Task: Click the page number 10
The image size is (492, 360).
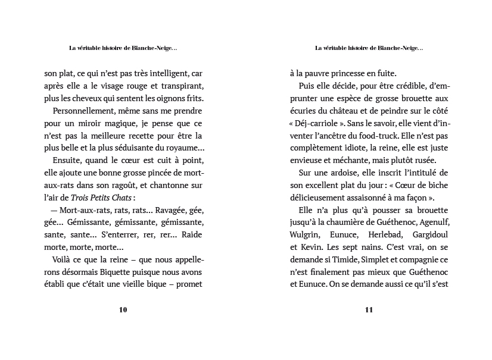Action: [123, 309]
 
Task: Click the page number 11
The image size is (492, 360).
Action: [368, 309]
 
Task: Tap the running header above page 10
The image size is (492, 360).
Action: [123, 48]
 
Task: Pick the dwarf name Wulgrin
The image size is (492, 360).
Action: [306, 234]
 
